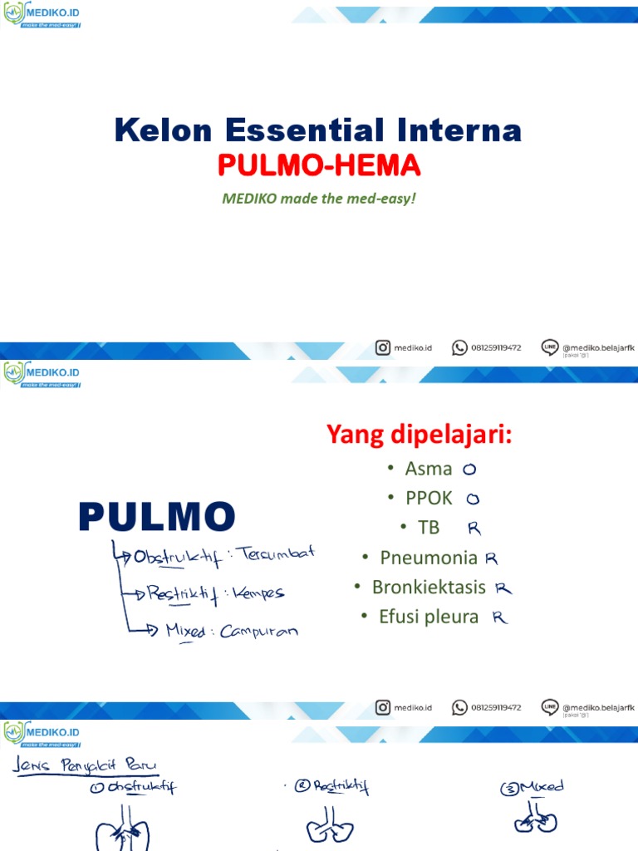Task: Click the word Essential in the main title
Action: click(x=297, y=130)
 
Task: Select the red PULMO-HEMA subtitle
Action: click(x=319, y=167)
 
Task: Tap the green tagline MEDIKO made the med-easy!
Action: click(x=318, y=200)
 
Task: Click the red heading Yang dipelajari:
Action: click(x=418, y=434)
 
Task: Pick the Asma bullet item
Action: click(x=428, y=469)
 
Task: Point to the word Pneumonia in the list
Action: click(x=429, y=557)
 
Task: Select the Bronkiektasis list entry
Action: click(x=429, y=587)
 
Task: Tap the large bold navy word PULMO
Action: click(x=157, y=517)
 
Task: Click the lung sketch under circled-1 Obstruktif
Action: click(x=122, y=827)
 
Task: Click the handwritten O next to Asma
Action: click(x=470, y=470)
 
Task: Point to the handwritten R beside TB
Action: click(x=474, y=528)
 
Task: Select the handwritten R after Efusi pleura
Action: click(x=499, y=617)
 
